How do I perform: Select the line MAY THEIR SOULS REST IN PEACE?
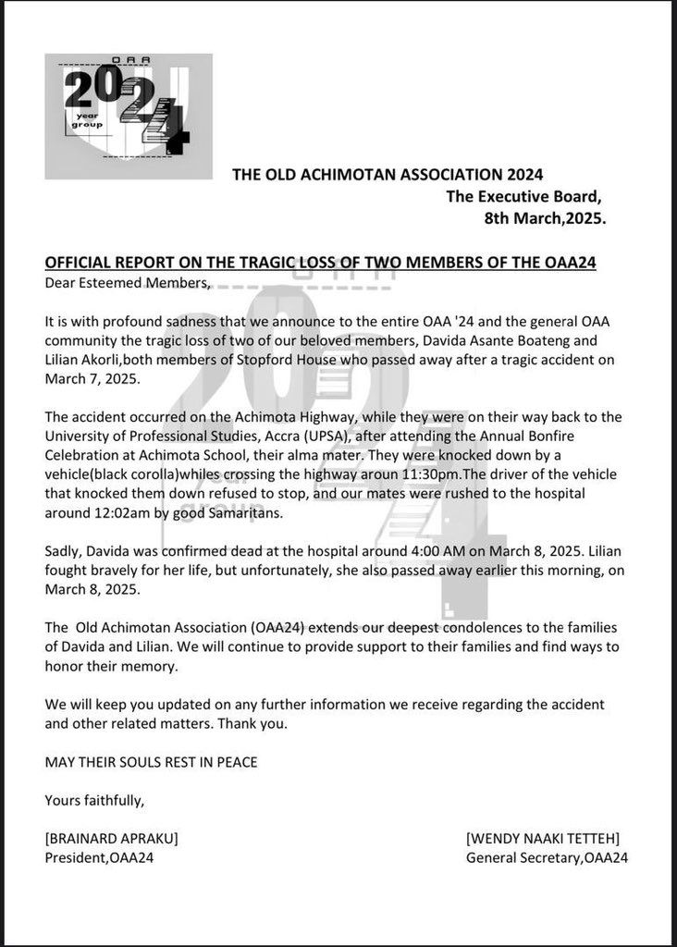(151, 762)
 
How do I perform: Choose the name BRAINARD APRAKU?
(111, 839)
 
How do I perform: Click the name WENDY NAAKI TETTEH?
(543, 839)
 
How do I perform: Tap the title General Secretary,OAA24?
(548, 858)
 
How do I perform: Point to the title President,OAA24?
(99, 858)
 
